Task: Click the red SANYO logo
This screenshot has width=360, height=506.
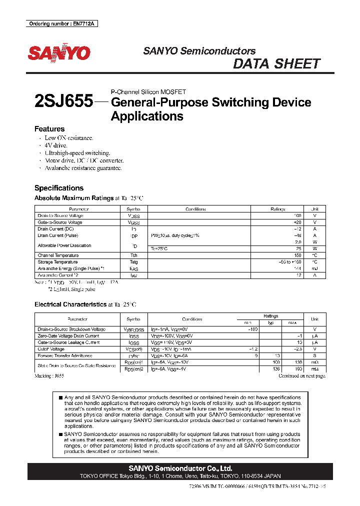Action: tap(59, 53)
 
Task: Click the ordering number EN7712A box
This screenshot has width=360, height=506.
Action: tap(61, 23)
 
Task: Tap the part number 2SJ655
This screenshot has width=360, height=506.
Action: tap(63, 101)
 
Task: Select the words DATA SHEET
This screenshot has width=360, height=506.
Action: tap(276, 64)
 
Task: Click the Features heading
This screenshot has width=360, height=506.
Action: tap(49, 128)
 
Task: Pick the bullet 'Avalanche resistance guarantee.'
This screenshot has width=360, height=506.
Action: tap(83, 168)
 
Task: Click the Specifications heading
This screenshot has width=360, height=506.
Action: tap(59, 188)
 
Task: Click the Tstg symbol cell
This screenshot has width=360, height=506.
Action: tap(133, 262)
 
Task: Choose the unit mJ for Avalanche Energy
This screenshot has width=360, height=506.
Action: tap(314, 268)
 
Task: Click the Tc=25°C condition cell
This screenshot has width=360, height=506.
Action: tap(160, 248)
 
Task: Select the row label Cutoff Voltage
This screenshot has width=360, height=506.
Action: tap(51, 349)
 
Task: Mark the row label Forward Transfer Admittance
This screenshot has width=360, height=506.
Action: tap(65, 355)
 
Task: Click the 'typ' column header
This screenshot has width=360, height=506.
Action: tap(270, 322)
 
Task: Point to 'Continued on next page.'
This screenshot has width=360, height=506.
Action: tap(301, 375)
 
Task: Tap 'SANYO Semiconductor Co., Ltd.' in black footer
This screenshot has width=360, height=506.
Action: tap(180, 468)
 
